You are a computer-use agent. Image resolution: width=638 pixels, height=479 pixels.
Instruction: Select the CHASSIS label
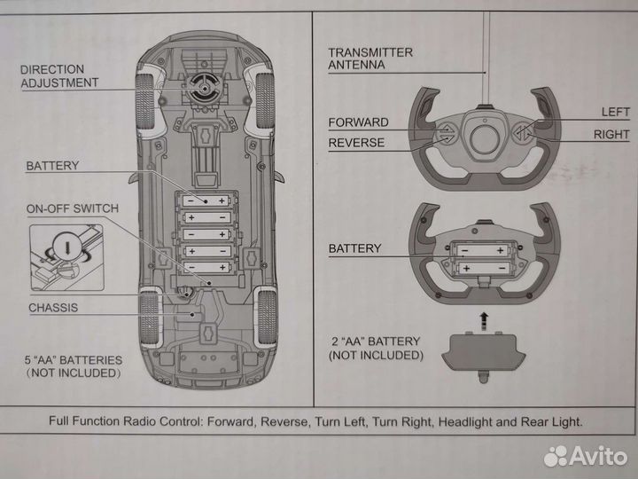point(53,308)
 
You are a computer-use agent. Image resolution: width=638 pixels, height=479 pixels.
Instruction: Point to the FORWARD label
point(358,122)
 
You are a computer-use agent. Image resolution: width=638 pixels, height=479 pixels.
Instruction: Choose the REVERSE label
point(356,142)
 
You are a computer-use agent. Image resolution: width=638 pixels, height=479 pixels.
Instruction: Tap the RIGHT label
point(611,135)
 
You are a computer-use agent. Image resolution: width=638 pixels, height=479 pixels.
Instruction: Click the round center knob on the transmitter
point(484,138)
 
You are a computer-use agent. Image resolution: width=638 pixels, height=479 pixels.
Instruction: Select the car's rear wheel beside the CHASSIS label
point(147,318)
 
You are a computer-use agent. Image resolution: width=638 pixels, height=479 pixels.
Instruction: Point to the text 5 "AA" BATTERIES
point(73,361)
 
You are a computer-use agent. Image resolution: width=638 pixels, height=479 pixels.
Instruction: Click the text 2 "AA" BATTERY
point(376,342)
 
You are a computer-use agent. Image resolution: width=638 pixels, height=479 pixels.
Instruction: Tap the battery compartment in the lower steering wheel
point(483,258)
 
